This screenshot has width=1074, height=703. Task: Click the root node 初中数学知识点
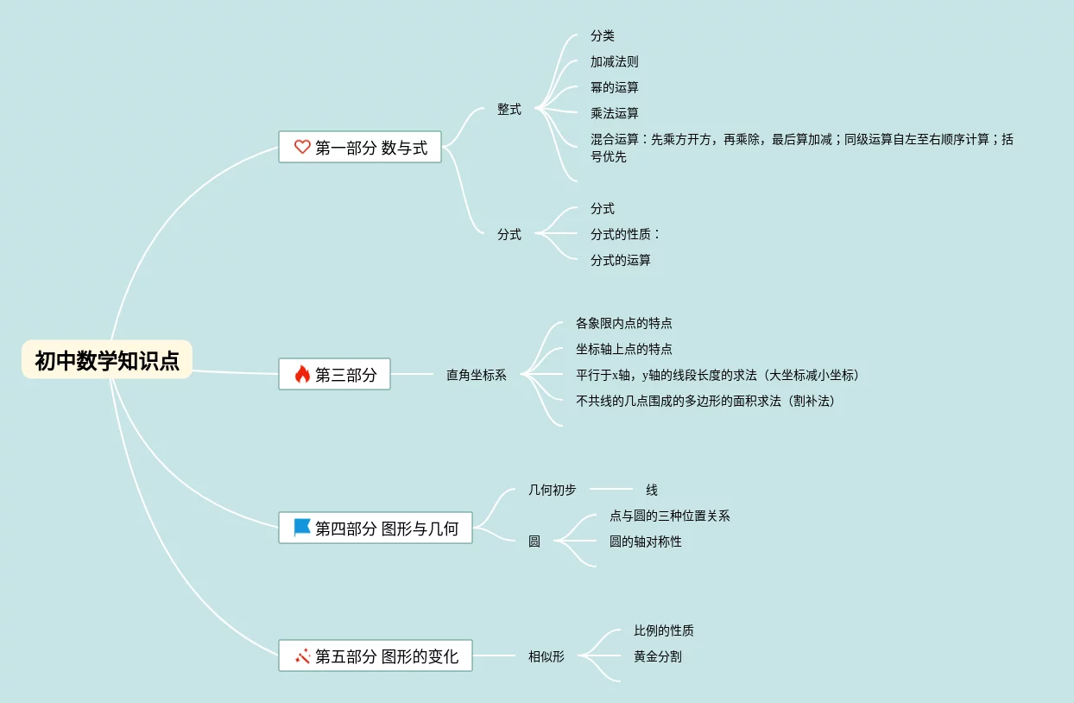pyautogui.click(x=107, y=360)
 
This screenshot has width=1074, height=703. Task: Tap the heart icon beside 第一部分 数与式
pyautogui.click(x=302, y=147)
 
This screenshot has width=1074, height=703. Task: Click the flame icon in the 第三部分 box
pyautogui.click(x=302, y=374)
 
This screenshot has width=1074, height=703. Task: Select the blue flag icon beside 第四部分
pyautogui.click(x=302, y=528)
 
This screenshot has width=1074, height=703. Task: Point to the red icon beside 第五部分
pyautogui.click(x=302, y=656)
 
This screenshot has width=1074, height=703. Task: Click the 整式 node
pyautogui.click(x=509, y=110)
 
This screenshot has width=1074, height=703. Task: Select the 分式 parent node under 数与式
pyautogui.click(x=509, y=234)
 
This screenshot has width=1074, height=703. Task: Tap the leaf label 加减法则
pyautogui.click(x=615, y=62)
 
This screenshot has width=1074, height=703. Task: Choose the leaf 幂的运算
pyautogui.click(x=615, y=87)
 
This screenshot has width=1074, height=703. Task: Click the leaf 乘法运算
pyautogui.click(x=615, y=113)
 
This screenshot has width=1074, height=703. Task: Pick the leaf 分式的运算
pyautogui.click(x=621, y=260)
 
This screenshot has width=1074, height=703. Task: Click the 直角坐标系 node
pyautogui.click(x=477, y=375)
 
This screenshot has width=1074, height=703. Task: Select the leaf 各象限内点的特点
pyautogui.click(x=624, y=323)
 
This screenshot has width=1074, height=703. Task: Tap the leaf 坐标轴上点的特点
pyautogui.click(x=624, y=349)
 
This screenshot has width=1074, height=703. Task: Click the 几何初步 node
pyautogui.click(x=553, y=490)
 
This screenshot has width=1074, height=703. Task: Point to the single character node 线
pyautogui.click(x=652, y=490)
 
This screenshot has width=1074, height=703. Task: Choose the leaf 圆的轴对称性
pyautogui.click(x=646, y=541)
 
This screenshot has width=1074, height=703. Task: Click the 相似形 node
pyautogui.click(x=546, y=656)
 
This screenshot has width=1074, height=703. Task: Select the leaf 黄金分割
pyautogui.click(x=658, y=656)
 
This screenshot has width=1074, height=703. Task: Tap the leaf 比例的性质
pyautogui.click(x=664, y=630)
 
